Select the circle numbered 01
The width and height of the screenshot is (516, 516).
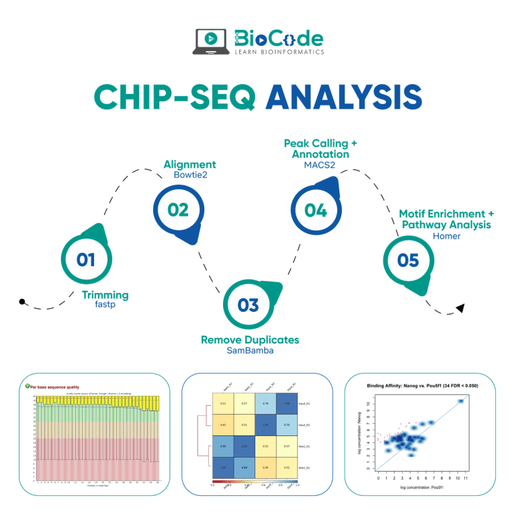(x=86, y=259)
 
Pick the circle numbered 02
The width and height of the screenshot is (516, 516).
(x=178, y=210)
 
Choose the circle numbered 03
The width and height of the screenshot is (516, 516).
(x=248, y=305)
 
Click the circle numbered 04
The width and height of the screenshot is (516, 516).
(x=315, y=210)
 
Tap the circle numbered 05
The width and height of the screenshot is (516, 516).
(x=408, y=259)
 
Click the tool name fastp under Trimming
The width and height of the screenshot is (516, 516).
(x=106, y=305)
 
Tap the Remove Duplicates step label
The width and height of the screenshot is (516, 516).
(x=250, y=340)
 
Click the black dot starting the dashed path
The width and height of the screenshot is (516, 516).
(x=23, y=302)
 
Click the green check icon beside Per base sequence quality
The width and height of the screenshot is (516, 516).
(x=27, y=386)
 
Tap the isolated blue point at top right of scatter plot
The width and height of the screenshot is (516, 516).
(x=461, y=402)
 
